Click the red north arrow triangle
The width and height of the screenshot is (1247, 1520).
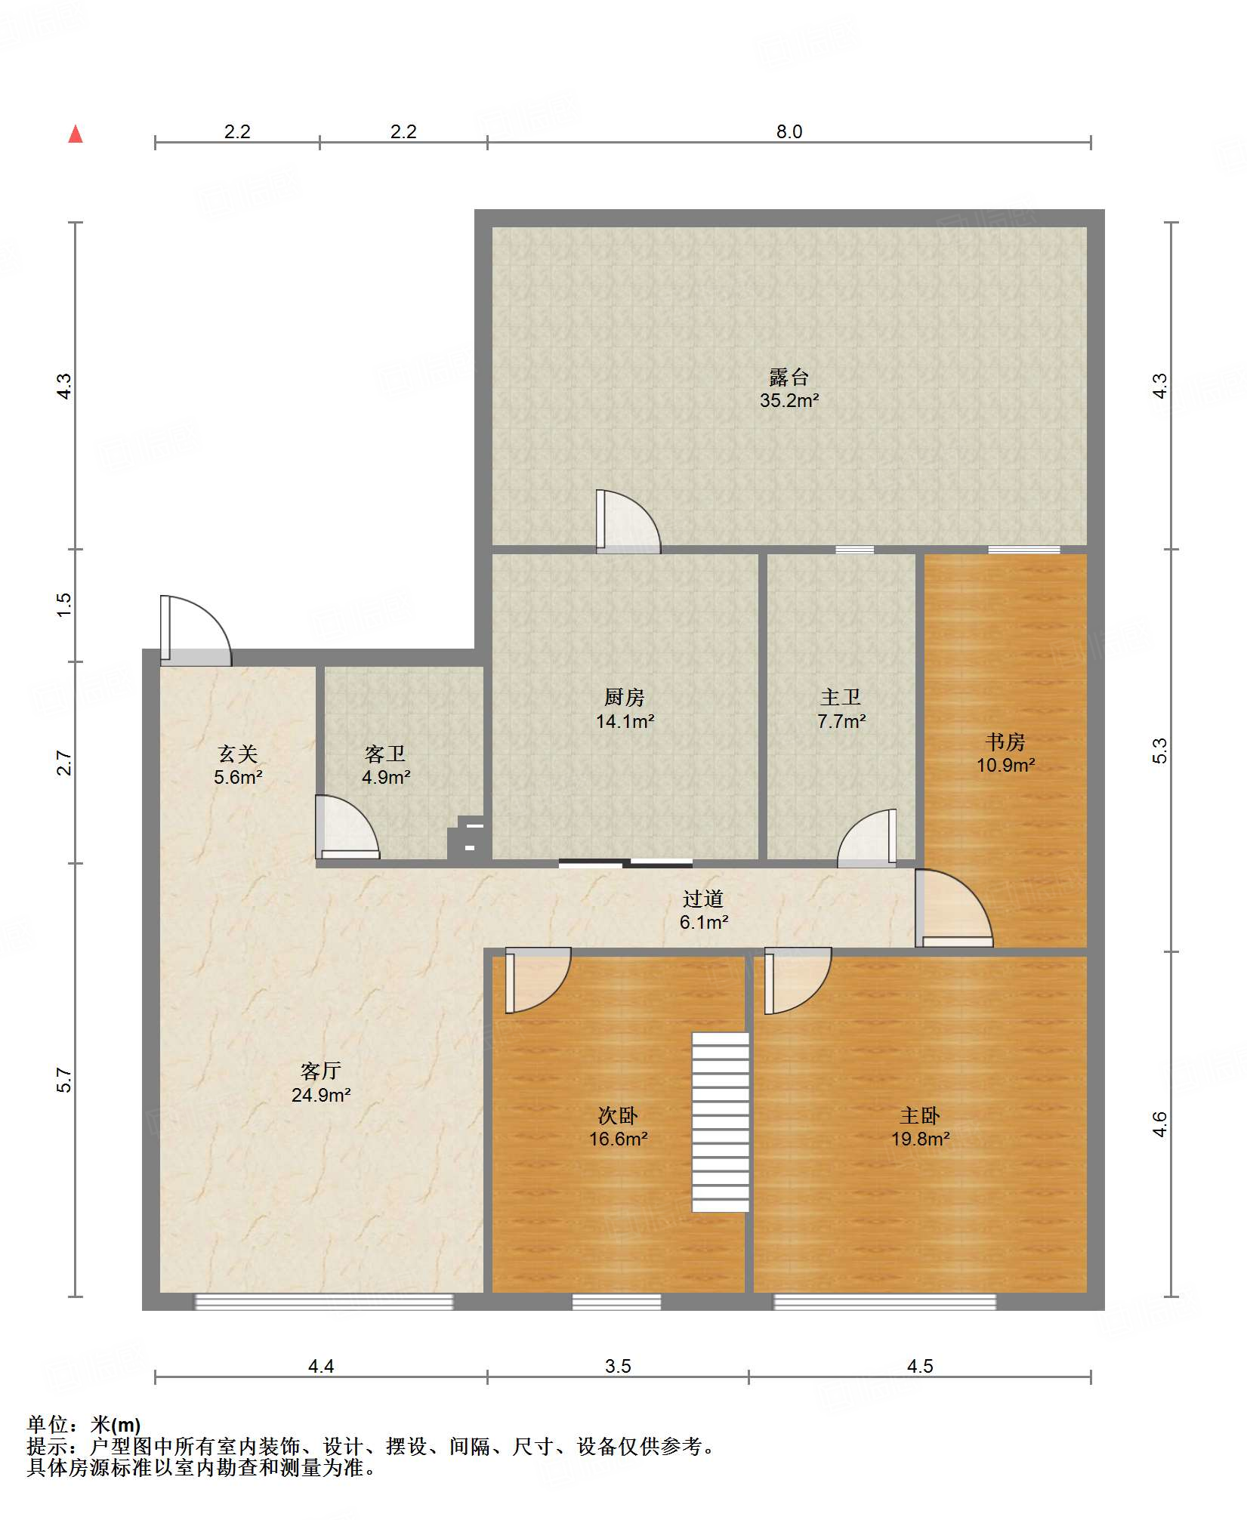76,134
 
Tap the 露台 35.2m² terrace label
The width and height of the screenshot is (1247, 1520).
789,388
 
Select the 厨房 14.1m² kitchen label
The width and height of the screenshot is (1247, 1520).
625,709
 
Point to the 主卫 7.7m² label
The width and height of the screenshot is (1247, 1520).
841,709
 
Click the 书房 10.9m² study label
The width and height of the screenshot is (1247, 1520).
1005,753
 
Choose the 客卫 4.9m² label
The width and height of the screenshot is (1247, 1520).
385,765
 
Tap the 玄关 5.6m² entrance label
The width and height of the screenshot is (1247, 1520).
238,765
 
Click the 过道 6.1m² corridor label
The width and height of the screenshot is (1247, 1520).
703,910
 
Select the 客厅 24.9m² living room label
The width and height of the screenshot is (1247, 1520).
321,1082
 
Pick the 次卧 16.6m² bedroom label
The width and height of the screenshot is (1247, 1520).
618,1127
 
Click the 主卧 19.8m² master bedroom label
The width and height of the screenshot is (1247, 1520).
920,1127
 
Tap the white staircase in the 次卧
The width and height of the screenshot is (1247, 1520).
721,1122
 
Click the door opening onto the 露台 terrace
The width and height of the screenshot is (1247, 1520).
628,522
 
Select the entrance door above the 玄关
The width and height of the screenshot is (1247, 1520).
196,631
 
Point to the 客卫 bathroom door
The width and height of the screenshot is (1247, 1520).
347,828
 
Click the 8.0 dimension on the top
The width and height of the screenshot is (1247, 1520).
789,131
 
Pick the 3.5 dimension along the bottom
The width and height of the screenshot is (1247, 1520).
618,1366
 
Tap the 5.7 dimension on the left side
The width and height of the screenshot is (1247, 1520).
64,1081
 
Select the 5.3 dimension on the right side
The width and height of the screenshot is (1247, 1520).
1160,751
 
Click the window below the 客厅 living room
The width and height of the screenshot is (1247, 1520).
324,1301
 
